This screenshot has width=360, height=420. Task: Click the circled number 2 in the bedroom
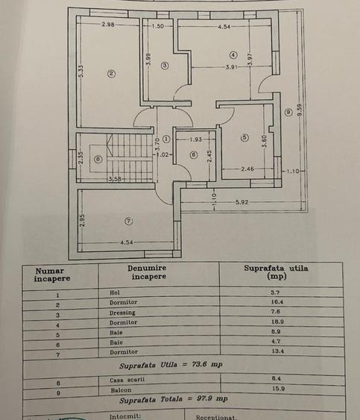tap(111, 74)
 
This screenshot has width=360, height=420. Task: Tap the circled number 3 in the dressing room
tap(165, 66)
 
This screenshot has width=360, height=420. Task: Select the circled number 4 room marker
tap(233, 55)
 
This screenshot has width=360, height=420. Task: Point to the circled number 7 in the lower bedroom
tap(129, 221)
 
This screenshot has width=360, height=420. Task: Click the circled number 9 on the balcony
tap(288, 112)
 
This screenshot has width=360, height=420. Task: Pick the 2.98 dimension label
tap(108, 25)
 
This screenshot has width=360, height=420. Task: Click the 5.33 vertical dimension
tap(81, 71)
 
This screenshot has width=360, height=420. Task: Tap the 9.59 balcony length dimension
tap(300, 110)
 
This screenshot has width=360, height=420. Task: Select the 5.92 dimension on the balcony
tap(242, 202)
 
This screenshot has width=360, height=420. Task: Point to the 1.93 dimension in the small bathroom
tap(196, 140)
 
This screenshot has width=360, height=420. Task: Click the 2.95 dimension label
tap(82, 220)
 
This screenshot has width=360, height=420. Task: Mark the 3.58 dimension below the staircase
tap(116, 178)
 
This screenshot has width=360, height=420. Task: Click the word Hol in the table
tap(115, 292)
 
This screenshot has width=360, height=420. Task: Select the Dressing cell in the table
tap(122, 313)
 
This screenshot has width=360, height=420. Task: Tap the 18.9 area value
tap(277, 322)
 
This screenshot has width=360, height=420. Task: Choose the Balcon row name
tap(121, 390)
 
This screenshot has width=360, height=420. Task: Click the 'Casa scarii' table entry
tap(127, 380)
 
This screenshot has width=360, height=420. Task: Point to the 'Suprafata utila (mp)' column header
tap(277, 272)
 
